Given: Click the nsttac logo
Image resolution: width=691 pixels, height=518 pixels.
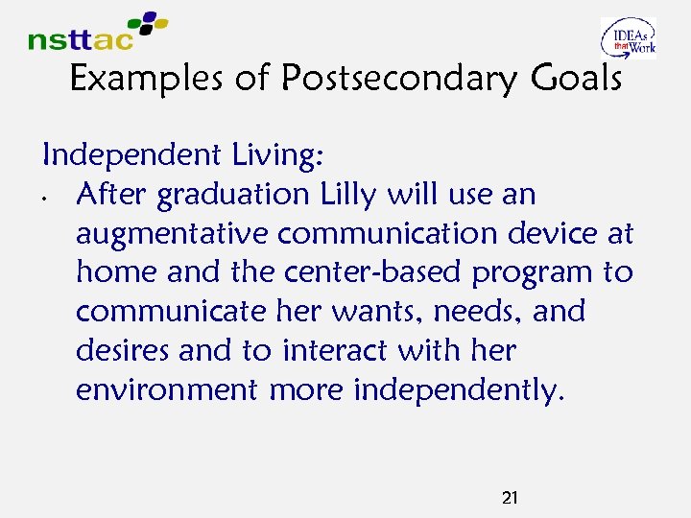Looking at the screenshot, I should pyautogui.click(x=96, y=32).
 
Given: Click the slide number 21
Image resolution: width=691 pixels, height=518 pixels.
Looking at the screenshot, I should pyautogui.click(x=511, y=497).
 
